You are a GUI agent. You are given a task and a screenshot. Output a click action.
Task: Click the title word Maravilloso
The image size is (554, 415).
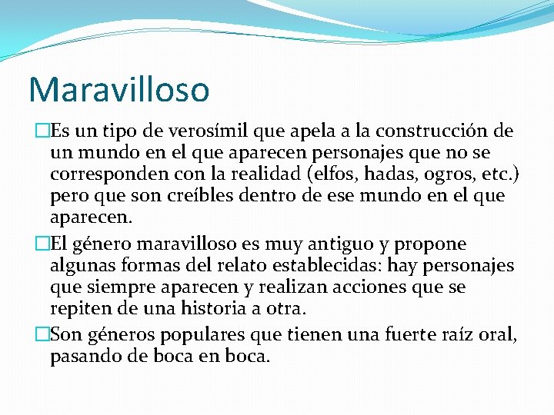[x=118, y=89]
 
